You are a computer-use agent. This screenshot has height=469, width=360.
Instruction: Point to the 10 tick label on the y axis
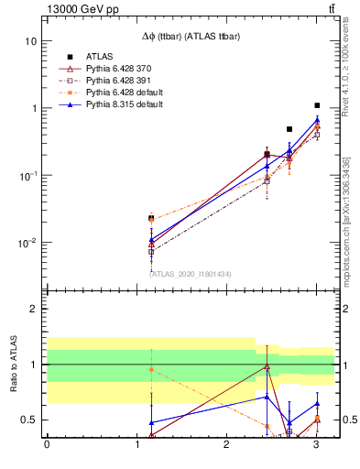click(31, 41)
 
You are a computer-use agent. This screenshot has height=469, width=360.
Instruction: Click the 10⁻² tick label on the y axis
click(27, 243)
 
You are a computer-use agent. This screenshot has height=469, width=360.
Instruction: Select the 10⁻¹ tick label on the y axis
click(27, 176)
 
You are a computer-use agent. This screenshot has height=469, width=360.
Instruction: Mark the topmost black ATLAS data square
click(317, 105)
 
